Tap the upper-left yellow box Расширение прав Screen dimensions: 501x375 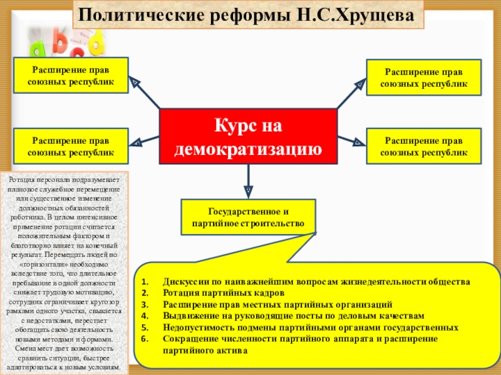(x=71, y=75)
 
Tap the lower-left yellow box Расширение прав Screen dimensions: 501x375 (x=71, y=146)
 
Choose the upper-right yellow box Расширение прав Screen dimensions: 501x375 (x=424, y=77)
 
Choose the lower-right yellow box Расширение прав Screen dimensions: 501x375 (x=424, y=146)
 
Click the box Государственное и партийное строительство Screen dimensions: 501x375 (x=248, y=217)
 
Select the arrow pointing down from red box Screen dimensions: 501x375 (x=248, y=178)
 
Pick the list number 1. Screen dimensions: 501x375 (x=143, y=282)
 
